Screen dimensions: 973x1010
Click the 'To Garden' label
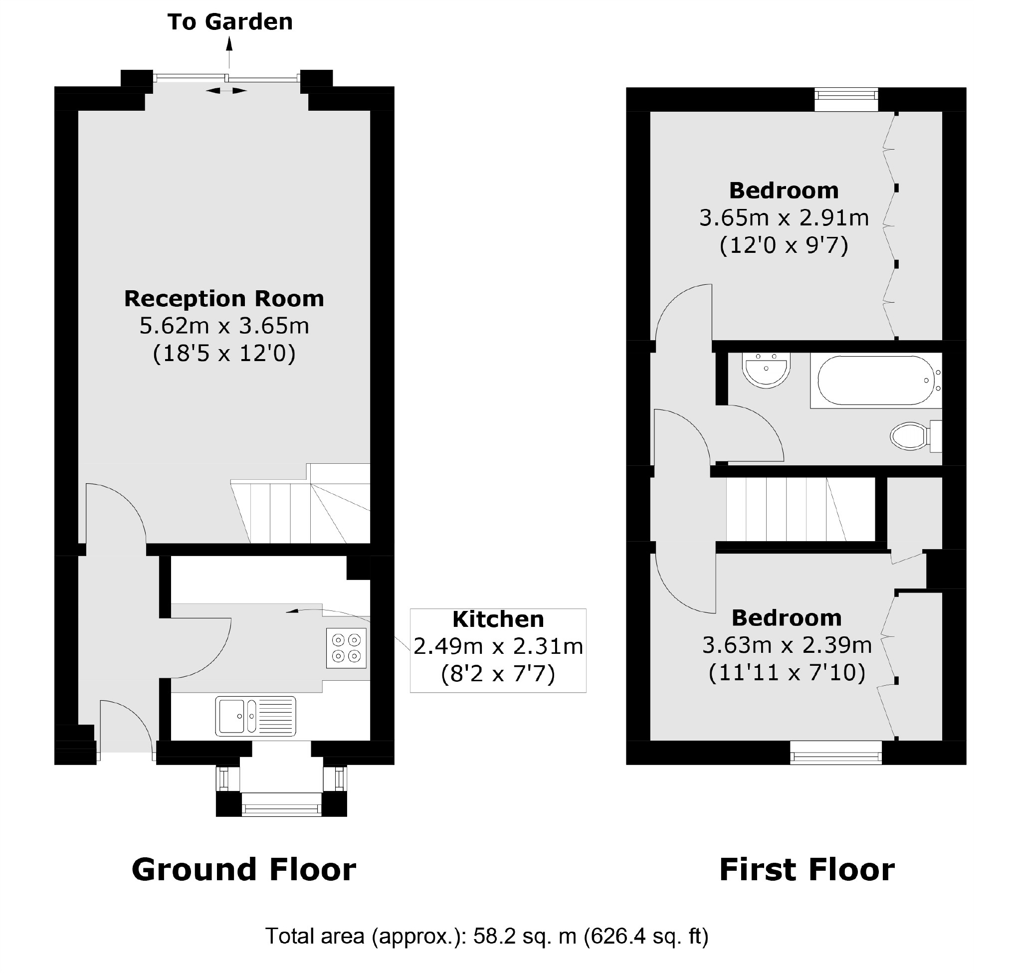pyautogui.click(x=230, y=22)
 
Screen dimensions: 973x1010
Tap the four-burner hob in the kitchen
pyautogui.click(x=346, y=648)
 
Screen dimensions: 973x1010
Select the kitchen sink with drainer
pyautogui.click(x=255, y=716)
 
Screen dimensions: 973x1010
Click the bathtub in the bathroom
pyautogui.click(x=875, y=381)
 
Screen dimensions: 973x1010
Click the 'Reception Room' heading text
pyautogui.click(x=224, y=299)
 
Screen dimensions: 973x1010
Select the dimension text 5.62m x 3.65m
pyautogui.click(x=224, y=326)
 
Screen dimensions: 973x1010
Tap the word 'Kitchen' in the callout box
pyautogui.click(x=498, y=619)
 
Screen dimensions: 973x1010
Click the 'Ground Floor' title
pyautogui.click(x=243, y=870)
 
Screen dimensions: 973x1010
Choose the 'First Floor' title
pyautogui.click(x=807, y=870)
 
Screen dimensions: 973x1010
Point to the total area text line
pyautogui.click(x=486, y=936)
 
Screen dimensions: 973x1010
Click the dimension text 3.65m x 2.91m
pyautogui.click(x=783, y=218)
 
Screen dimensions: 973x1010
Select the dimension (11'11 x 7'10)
pyautogui.click(x=787, y=673)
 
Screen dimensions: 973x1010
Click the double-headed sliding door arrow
pyautogui.click(x=226, y=91)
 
